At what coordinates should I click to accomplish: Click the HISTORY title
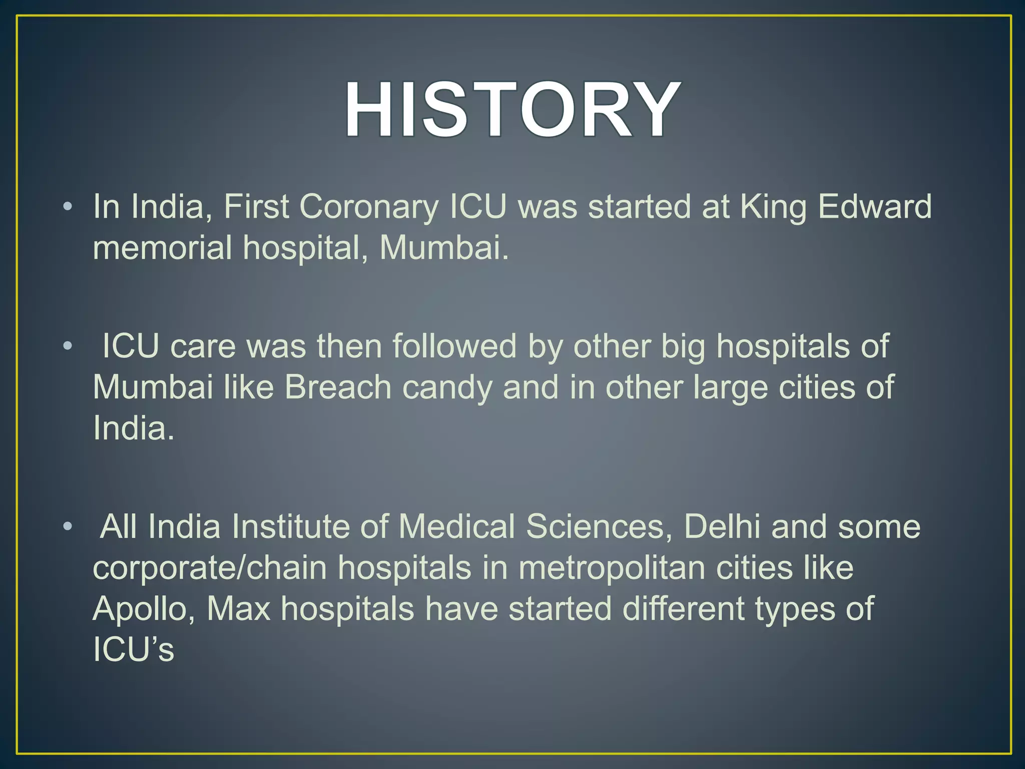click(511, 110)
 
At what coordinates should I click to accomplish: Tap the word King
click(773, 206)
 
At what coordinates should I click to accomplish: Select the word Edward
click(875, 206)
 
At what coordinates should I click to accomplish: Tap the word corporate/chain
click(210, 568)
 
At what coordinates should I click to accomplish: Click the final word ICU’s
click(134, 650)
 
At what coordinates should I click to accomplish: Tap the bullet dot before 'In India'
click(68, 206)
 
